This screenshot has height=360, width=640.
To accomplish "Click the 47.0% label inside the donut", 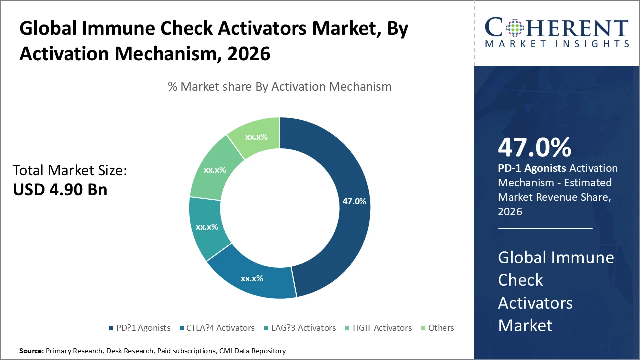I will tap(354, 202).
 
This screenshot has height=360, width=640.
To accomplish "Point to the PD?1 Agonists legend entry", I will tap(140, 328).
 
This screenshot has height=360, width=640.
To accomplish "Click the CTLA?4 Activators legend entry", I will tap(217, 328).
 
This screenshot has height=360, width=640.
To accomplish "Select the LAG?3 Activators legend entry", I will tap(300, 328).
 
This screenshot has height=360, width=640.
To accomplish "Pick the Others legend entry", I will tap(437, 328).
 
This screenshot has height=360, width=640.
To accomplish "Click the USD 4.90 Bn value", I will tap(60, 190).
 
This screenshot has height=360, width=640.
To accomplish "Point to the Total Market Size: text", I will tap(70, 171).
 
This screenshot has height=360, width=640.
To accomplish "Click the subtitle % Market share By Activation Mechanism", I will tap(280, 86).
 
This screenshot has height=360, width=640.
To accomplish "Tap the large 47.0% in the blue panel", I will tap(534, 148).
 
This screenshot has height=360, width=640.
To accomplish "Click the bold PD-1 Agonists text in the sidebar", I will tap(532, 168).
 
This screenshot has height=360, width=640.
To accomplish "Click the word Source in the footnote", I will tap(31, 351).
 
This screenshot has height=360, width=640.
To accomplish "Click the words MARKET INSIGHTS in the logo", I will tap(557, 44).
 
